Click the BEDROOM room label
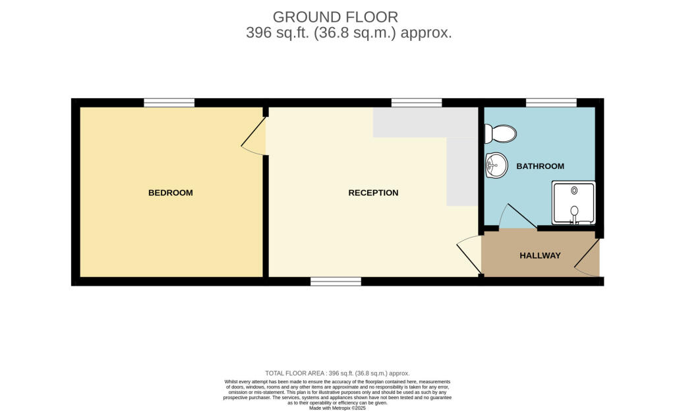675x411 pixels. [x=171, y=193]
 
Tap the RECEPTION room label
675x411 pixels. [x=373, y=193]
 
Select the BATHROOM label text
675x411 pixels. [x=541, y=166]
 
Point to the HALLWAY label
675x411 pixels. [x=540, y=255]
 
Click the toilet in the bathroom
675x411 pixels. [x=500, y=133]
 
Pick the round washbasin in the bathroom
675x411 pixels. [x=496, y=165]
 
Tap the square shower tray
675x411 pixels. [x=574, y=203]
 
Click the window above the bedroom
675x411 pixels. [x=169, y=102]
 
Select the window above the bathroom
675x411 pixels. [x=552, y=102]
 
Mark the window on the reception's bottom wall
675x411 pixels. [x=336, y=281]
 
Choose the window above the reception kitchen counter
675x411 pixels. [x=417, y=102]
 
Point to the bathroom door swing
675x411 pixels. [x=517, y=216]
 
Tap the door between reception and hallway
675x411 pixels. [x=469, y=255]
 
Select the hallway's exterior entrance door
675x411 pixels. [x=587, y=258]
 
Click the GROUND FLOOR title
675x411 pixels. [x=336, y=17]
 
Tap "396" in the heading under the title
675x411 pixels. [x=258, y=33]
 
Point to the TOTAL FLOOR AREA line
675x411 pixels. [x=337, y=373]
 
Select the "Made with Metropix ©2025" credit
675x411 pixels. [x=337, y=408]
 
